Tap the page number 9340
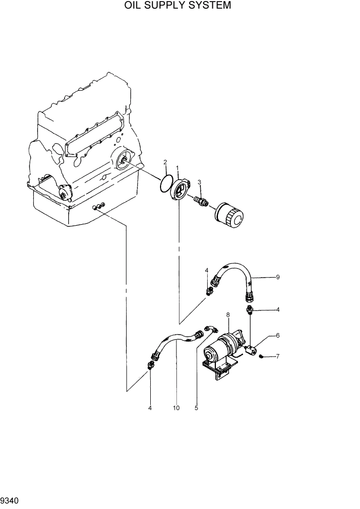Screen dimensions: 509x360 (10, 500)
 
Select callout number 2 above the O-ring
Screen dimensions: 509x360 (165, 163)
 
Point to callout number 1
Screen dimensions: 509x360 (177, 168)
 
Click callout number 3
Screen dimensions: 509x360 (199, 181)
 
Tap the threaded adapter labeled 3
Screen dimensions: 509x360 (201, 201)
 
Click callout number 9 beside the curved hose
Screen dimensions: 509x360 (277, 277)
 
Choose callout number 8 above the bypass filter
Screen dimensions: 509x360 (228, 314)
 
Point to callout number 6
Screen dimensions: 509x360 (277, 336)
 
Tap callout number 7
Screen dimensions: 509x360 (277, 356)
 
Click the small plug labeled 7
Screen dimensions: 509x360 (262, 356)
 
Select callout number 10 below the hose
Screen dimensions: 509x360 (176, 408)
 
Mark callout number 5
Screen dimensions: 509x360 (196, 408)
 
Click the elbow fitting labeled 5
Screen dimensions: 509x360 (211, 329)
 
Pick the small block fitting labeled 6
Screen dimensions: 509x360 (251, 350)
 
